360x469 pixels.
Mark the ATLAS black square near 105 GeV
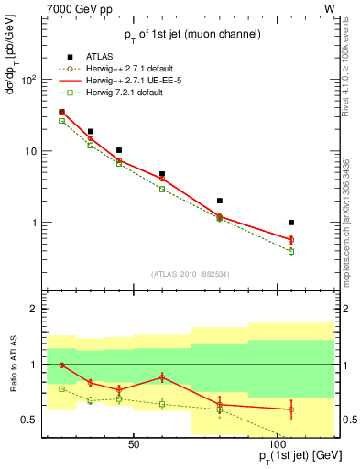pyautogui.click(x=291, y=223)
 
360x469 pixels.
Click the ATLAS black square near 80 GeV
pyautogui.click(x=219, y=201)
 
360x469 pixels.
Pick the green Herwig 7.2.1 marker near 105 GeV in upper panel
pyautogui.click(x=291, y=251)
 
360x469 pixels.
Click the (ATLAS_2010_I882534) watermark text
pyautogui.click(x=191, y=273)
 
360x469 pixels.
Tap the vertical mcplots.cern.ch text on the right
pyautogui.click(x=347, y=211)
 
